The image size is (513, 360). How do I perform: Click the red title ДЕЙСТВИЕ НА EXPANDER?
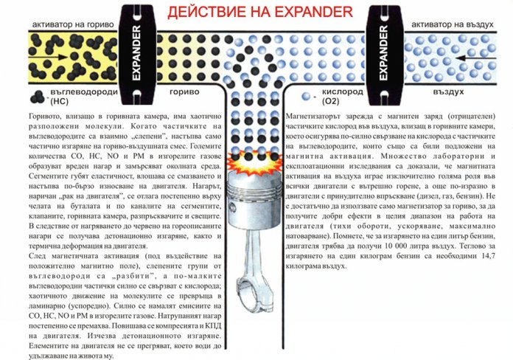[x=260, y=12]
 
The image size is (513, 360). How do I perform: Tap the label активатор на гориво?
[x=73, y=24]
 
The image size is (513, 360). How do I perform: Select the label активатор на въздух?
[x=452, y=24]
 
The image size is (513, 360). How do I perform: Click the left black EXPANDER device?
[x=137, y=54]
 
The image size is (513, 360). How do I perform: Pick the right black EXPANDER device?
[x=384, y=55]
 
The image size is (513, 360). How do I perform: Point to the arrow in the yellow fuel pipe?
[x=48, y=58]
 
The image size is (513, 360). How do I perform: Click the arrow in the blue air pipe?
[x=476, y=58]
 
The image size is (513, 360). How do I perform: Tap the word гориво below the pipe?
[x=184, y=92]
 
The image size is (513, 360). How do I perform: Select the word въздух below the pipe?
[x=448, y=91]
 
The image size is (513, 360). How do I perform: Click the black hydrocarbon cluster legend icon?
[x=37, y=97]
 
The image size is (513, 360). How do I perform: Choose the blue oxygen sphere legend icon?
[x=306, y=97]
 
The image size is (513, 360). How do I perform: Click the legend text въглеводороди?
[x=84, y=91]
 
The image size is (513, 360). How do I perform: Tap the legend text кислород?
[x=342, y=91]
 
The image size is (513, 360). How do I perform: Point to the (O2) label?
[x=330, y=101]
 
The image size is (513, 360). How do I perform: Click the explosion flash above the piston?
[x=254, y=162]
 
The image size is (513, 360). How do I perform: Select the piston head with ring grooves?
[x=254, y=200]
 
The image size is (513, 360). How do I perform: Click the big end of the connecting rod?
[x=254, y=291]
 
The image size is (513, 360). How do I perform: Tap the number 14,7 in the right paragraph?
[x=488, y=256]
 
